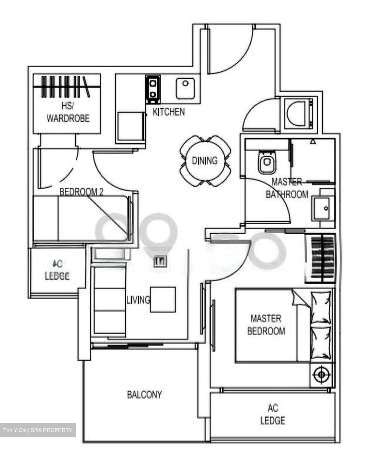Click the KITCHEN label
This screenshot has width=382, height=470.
click(168, 112)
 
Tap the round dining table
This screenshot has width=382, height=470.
click(205, 161)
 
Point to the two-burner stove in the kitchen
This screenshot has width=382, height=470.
click(152, 87)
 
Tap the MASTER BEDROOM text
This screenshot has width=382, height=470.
click(266, 324)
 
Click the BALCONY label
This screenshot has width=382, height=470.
click(144, 395)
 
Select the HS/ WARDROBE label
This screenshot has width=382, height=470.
click(68, 112)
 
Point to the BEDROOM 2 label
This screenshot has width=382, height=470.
click(81, 192)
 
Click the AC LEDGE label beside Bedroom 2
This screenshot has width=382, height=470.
click(57, 270)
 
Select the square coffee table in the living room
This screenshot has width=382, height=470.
click(163, 300)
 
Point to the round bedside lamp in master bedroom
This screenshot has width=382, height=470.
click(321, 374)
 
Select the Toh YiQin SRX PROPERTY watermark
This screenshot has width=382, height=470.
click(38, 430)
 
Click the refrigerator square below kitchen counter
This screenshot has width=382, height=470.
click(131, 127)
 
